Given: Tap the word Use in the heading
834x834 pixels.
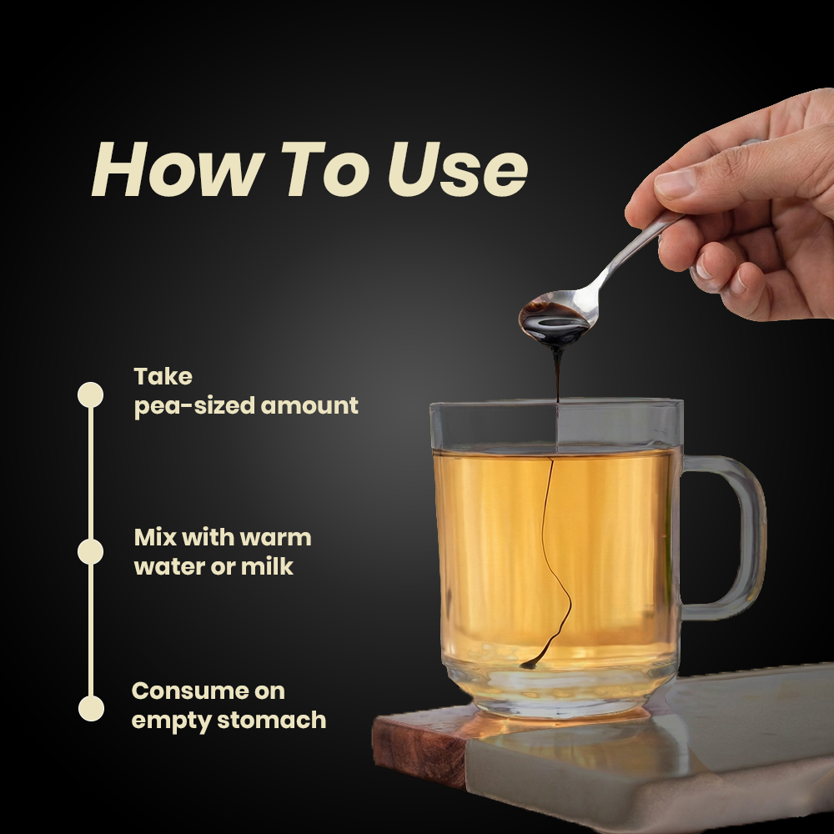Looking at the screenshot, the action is (x=458, y=169).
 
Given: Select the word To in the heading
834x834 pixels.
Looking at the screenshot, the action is (x=325, y=169).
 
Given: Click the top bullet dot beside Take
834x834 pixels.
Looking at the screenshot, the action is (x=90, y=394).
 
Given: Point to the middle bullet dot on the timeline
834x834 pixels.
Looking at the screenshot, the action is (x=90, y=551).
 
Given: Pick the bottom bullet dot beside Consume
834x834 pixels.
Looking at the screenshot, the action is (x=91, y=708).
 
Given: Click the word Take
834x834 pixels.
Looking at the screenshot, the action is (x=163, y=377).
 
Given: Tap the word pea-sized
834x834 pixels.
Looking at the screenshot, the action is (x=194, y=407).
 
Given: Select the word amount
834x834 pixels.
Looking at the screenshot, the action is (x=309, y=406).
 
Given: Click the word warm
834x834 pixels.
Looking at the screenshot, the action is (x=275, y=538).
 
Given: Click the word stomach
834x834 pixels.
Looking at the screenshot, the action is (x=272, y=721).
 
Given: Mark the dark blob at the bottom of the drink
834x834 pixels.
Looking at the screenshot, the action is (x=530, y=664).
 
